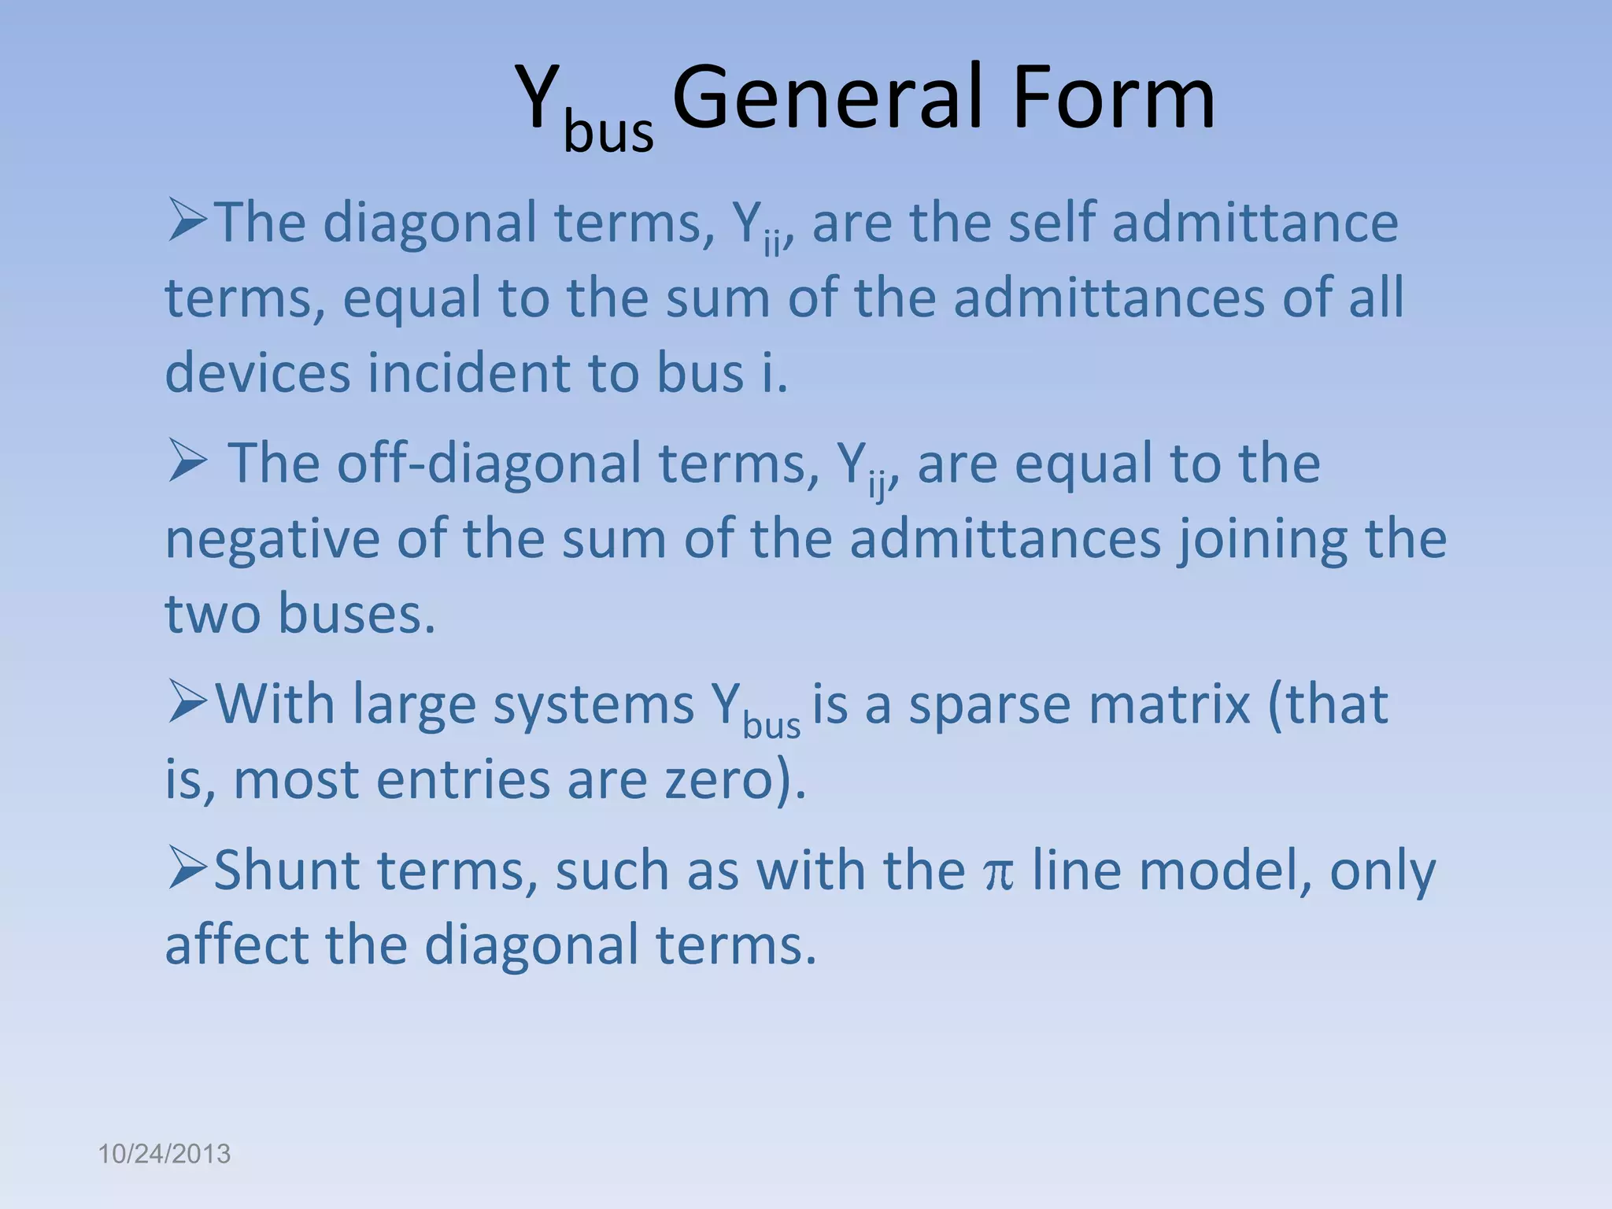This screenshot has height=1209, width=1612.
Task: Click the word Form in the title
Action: tap(1113, 98)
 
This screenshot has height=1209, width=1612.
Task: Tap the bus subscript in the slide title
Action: tap(608, 131)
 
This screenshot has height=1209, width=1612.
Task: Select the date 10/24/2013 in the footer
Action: tap(164, 1154)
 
